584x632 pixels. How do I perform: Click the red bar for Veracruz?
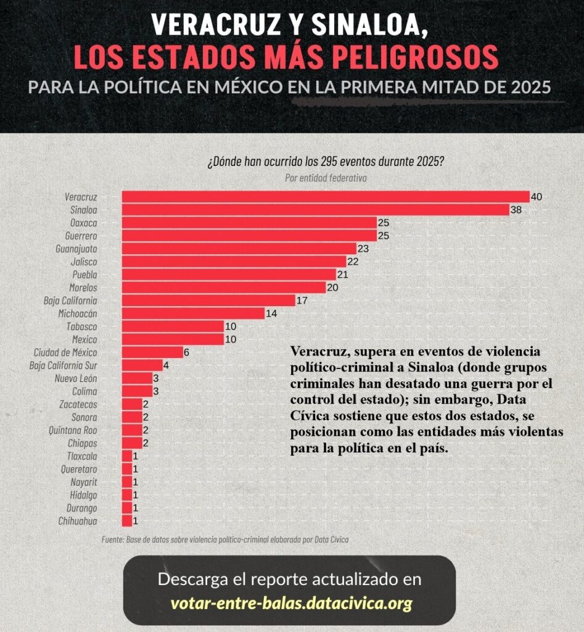pos(325,197)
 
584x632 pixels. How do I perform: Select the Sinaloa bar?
pos(315,210)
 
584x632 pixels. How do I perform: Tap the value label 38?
pos(517,210)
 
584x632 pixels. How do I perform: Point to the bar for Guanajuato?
pos(239,249)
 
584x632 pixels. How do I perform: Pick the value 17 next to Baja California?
pos(302,301)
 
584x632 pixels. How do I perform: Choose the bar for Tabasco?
pos(173,326)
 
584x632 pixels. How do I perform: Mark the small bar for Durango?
pos(126,508)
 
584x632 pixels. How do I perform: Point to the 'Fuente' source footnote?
pos(225,539)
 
